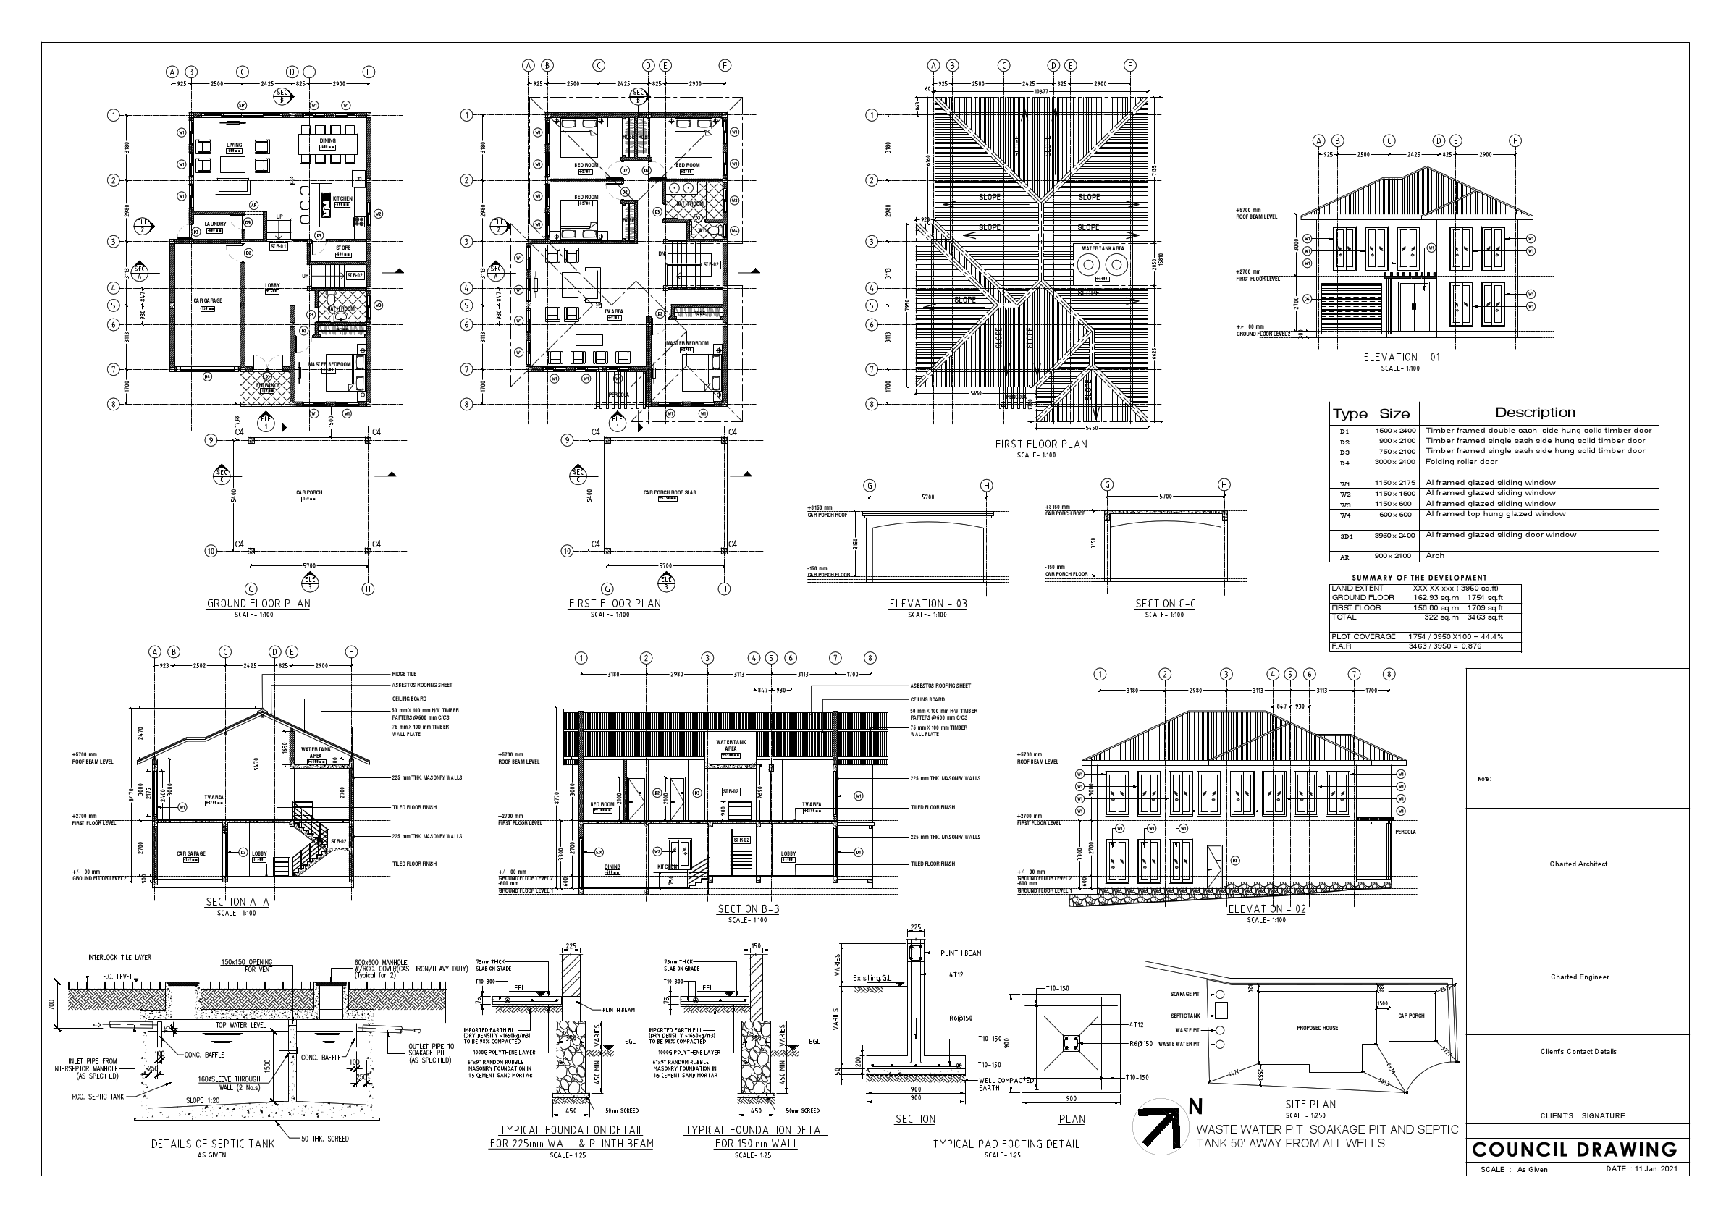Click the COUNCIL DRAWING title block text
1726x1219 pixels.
click(1574, 1150)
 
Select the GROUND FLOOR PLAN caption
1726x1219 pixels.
click(258, 604)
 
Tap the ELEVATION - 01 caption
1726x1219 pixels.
click(1401, 358)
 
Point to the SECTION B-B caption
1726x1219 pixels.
click(748, 908)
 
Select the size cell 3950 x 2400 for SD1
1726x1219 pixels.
click(1395, 536)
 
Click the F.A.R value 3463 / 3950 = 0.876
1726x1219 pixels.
click(1444, 646)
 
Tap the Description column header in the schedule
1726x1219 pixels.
click(1535, 413)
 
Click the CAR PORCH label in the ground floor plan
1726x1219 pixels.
click(310, 493)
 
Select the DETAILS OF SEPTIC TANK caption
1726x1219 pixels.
click(213, 1144)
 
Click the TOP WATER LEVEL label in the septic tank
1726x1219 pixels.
click(240, 1025)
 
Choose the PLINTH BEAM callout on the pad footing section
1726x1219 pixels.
click(961, 953)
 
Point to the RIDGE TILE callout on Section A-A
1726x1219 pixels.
click(404, 675)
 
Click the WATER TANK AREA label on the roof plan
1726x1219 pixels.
click(1102, 248)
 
